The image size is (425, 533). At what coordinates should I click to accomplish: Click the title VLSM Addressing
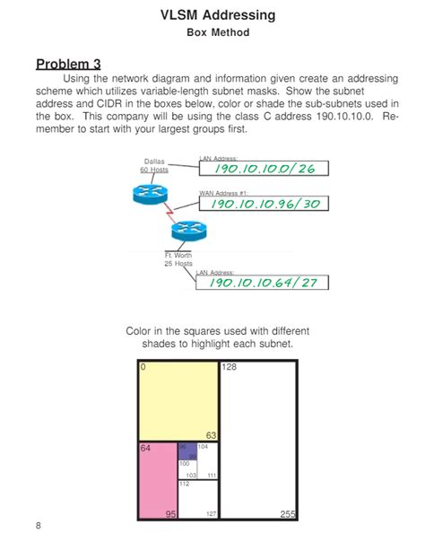tap(212, 15)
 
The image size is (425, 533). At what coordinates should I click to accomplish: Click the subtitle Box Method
tap(212, 33)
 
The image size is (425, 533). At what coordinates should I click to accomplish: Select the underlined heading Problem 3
tap(68, 64)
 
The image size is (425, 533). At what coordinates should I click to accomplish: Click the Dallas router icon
tap(147, 193)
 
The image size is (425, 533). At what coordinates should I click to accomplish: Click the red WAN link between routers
tap(166, 214)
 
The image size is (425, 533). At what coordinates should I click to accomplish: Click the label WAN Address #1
tap(222, 192)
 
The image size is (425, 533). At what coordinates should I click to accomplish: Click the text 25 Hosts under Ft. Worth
tap(178, 264)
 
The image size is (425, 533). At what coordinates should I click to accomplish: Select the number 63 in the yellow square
tap(212, 435)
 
